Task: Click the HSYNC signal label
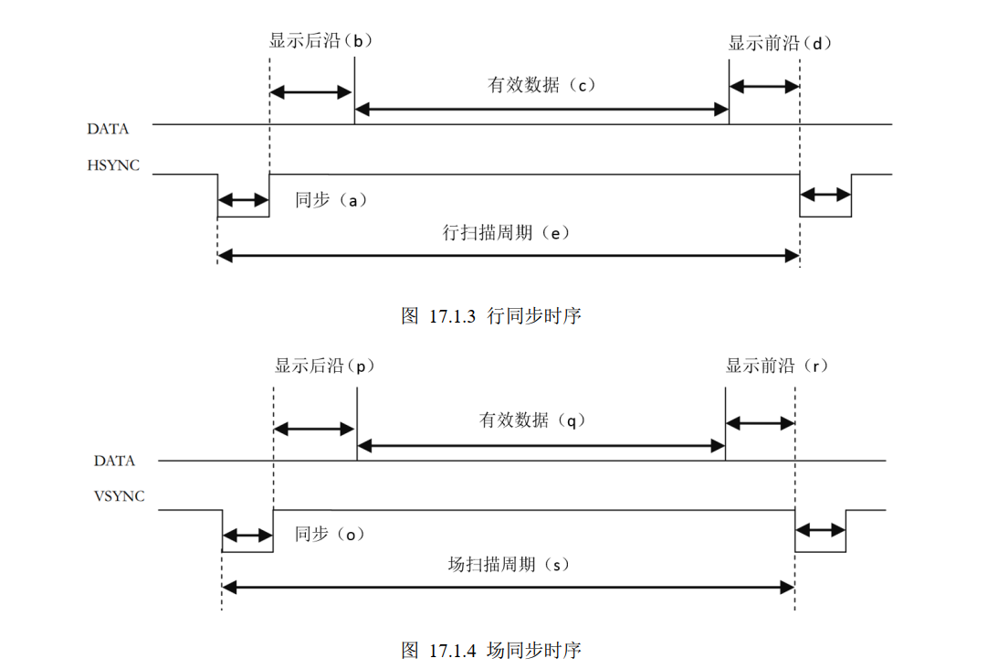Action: [113, 165]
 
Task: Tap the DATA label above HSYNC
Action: [108, 129]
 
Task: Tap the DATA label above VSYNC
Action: [114, 461]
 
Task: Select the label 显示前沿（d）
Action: [780, 43]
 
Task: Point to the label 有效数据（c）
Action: [541, 85]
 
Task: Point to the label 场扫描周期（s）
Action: [509, 564]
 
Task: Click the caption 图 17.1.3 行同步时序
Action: [491, 316]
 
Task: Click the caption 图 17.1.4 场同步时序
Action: [491, 650]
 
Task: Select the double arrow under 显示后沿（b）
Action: [311, 92]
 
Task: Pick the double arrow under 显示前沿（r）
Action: [760, 424]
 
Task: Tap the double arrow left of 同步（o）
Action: [247, 535]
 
